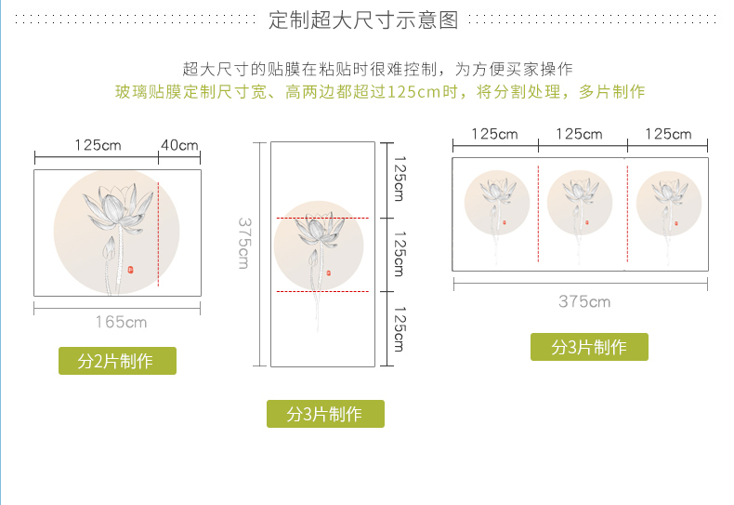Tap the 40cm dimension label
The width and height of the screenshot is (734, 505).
coord(179,145)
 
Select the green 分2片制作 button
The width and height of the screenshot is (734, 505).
coord(117,361)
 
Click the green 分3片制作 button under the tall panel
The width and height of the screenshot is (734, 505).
coord(325,414)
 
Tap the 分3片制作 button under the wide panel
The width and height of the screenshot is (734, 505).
coord(589,347)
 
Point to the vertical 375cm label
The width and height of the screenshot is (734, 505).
coord(243,244)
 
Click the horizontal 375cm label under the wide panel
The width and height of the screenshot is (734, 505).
coord(584,301)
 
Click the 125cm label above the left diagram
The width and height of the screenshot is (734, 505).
coord(98,145)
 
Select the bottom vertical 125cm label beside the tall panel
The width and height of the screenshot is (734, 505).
coord(399,329)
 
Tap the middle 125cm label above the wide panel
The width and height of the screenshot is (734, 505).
coord(579,134)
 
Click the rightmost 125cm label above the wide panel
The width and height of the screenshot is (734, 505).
coord(668,134)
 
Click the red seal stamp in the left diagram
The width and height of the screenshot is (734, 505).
coord(130,269)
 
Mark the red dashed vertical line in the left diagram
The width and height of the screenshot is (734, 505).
coord(158,222)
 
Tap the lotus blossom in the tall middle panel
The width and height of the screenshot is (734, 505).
coord(321,228)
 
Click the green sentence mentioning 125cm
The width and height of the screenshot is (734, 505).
coord(379,92)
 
